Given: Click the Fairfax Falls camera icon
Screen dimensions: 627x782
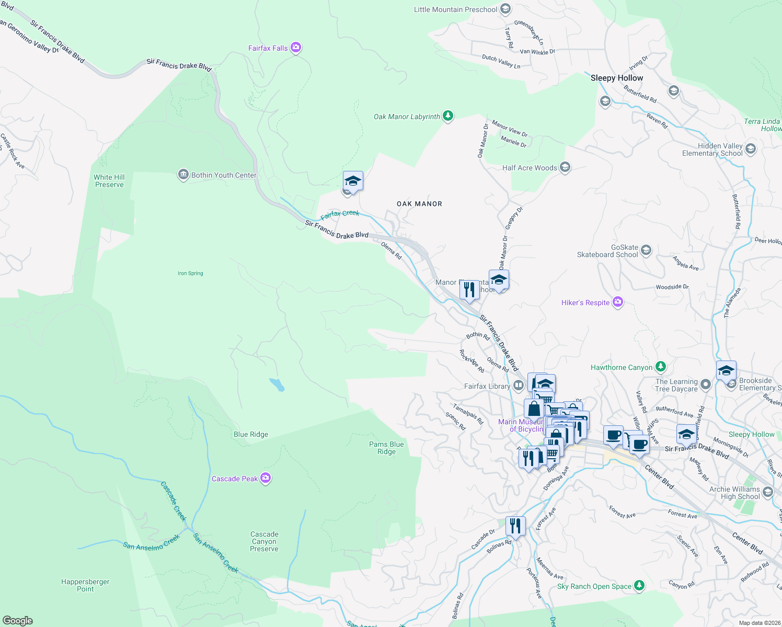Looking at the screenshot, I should pyautogui.click(x=296, y=48).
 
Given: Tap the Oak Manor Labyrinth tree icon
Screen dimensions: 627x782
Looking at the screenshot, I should pyautogui.click(x=448, y=116).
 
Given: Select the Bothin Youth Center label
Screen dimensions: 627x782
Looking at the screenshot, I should pyautogui.click(x=224, y=175).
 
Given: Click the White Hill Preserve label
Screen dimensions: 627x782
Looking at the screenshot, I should pyautogui.click(x=109, y=181).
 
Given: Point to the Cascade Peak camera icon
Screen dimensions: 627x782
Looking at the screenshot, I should pyautogui.click(x=266, y=478).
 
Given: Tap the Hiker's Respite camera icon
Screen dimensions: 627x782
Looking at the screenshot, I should pyautogui.click(x=618, y=302).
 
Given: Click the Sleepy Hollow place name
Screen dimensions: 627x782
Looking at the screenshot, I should pyautogui.click(x=617, y=78).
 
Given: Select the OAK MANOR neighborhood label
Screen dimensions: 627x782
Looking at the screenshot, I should pyautogui.click(x=419, y=204).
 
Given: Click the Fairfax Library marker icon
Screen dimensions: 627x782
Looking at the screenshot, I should pyautogui.click(x=519, y=386).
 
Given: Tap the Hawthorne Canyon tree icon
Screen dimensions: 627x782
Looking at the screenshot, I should pyautogui.click(x=661, y=367).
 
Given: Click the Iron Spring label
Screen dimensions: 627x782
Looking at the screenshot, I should pyautogui.click(x=190, y=273).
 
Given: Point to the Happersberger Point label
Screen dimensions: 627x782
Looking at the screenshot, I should pyautogui.click(x=85, y=585).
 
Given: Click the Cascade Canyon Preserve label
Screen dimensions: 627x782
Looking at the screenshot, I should pyautogui.click(x=264, y=541).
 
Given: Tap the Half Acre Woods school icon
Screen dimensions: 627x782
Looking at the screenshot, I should pyautogui.click(x=565, y=167).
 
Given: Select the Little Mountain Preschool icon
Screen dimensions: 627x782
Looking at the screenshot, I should pyautogui.click(x=505, y=9).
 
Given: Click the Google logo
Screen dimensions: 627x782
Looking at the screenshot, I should pyautogui.click(x=18, y=621).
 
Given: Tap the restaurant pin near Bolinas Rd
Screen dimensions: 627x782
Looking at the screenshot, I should pyautogui.click(x=515, y=526).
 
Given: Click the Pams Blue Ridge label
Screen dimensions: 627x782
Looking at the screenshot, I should pyautogui.click(x=386, y=448).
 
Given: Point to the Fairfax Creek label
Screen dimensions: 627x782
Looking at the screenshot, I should pyautogui.click(x=340, y=214).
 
